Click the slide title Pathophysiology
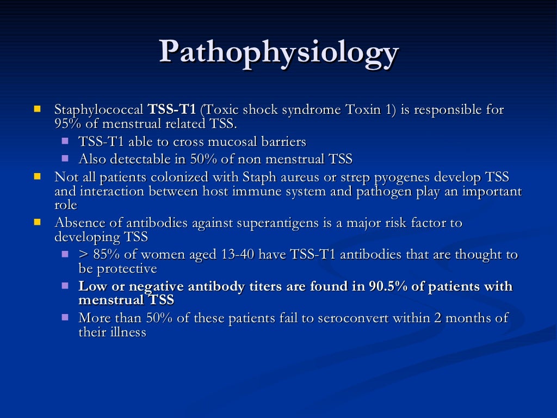pyautogui.click(x=278, y=53)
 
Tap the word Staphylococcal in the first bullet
pyautogui.click(x=100, y=110)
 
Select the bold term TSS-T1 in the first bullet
pyautogui.click(x=172, y=110)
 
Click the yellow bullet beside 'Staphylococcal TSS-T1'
pyautogui.click(x=38, y=109)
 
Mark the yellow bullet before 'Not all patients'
pyautogui.click(x=38, y=177)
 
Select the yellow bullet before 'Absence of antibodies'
pyautogui.click(x=38, y=222)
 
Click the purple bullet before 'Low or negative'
pyautogui.click(x=65, y=285)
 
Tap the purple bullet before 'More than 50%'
pyautogui.click(x=65, y=317)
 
